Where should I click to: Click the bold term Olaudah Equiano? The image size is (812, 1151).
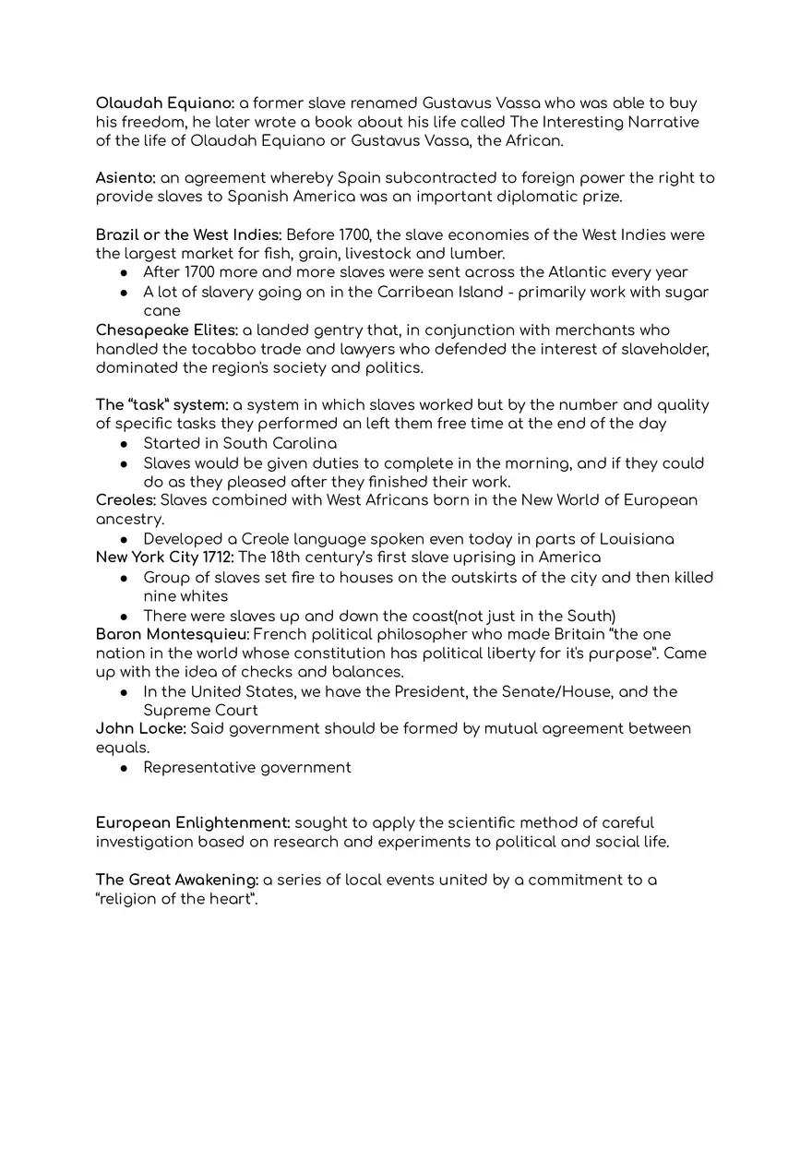pos(165,103)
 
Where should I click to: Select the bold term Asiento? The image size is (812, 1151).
pos(125,178)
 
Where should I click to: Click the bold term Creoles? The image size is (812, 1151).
pos(125,500)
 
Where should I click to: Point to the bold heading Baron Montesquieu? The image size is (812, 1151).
pos(172,634)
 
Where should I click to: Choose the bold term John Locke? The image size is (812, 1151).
pos(140,729)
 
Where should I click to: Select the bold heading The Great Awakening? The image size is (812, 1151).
pos(177,880)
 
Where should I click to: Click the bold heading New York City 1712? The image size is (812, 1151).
pos(164,558)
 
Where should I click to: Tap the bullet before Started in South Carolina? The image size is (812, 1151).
pos(125,444)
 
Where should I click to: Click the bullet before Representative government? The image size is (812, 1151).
pos(125,768)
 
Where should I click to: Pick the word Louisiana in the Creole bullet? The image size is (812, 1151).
pos(637,539)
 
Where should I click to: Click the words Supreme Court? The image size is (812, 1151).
pos(200,711)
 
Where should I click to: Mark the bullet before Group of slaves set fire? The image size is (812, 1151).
pos(125,578)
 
